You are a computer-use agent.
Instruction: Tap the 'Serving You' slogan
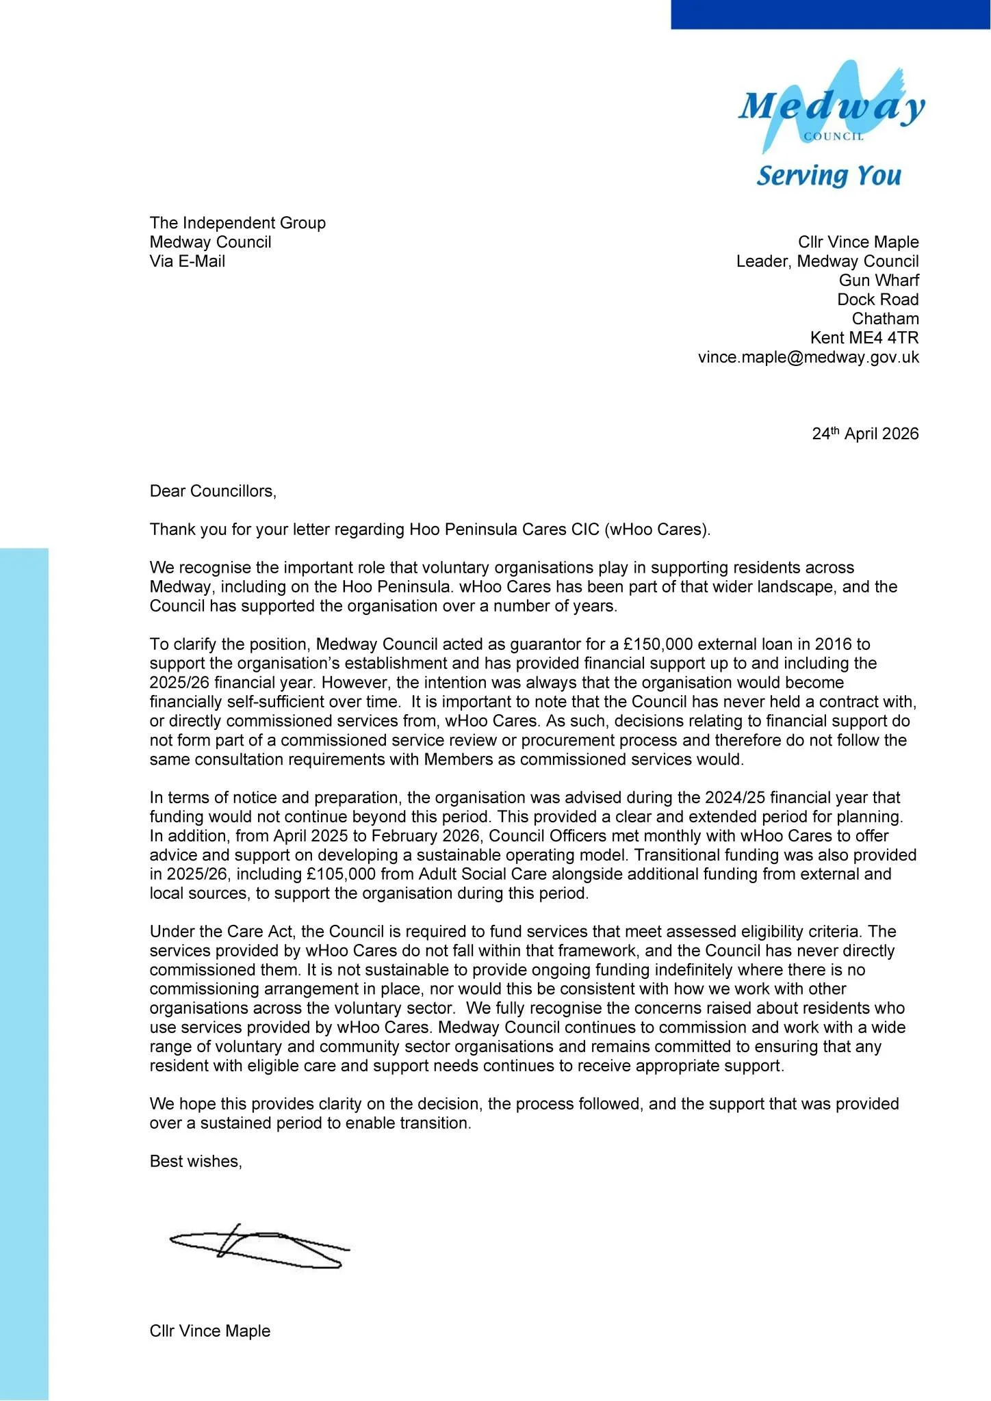829,176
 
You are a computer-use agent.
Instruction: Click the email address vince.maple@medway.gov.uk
808,357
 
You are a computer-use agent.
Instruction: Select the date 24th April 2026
865,434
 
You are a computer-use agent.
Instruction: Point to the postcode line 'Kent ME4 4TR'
864,338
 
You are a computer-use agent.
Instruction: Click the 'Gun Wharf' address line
879,280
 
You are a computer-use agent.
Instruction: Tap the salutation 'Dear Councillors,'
213,491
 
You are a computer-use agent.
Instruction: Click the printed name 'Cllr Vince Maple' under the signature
210,1331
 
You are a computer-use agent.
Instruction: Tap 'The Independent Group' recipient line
237,223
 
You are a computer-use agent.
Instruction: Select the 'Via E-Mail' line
188,261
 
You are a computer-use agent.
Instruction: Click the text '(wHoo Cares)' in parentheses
657,529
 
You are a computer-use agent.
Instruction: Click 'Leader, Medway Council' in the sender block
827,261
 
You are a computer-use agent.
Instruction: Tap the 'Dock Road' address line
878,300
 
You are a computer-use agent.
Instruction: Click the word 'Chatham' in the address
885,319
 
